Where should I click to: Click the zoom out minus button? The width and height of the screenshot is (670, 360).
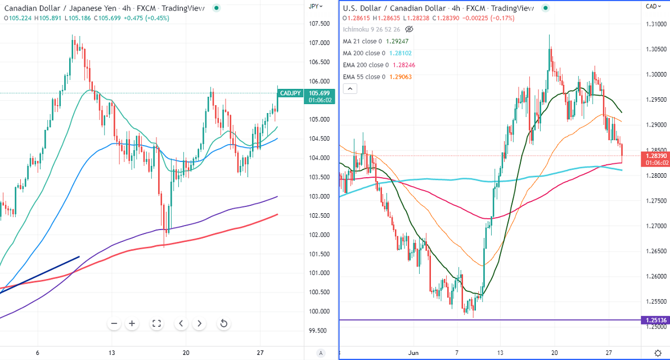pyautogui.click(x=114, y=323)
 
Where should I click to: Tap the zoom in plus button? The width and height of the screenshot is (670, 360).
pyautogui.click(x=132, y=323)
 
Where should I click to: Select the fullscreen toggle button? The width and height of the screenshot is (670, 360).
pyautogui.click(x=157, y=323)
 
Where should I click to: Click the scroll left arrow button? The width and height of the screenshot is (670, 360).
pyautogui.click(x=181, y=323)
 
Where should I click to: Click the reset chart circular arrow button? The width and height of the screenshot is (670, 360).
pyautogui.click(x=223, y=323)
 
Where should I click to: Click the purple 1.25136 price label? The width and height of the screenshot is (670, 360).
pyautogui.click(x=655, y=320)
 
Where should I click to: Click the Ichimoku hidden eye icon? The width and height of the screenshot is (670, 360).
pyautogui.click(x=409, y=29)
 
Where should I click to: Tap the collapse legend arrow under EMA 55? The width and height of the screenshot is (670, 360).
pyautogui.click(x=350, y=89)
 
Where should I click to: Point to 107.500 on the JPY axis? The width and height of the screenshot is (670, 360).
pyautogui.click(x=320, y=24)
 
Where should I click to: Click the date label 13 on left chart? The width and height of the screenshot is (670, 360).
pyautogui.click(x=112, y=353)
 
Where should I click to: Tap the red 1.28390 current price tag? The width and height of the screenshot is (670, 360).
pyautogui.click(x=655, y=159)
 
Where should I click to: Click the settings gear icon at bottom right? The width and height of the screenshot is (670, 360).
pyautogui.click(x=658, y=353)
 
